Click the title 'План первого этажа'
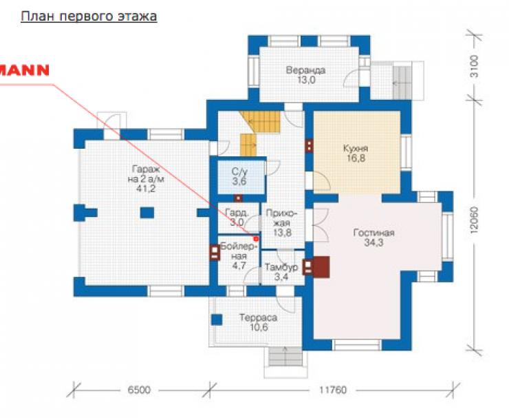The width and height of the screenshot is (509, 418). tap(89, 17)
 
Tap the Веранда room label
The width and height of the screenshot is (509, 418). tap(305, 75)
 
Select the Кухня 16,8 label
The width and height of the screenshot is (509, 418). tap(356, 154)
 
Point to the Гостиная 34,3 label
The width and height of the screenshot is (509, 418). tap(373, 238)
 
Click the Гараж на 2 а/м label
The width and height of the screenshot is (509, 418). tap(146, 179)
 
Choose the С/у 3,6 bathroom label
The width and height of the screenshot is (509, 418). tap(239, 176)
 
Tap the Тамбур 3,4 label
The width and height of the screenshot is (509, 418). tap(281, 273)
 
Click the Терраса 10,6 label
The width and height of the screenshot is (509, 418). tap(259, 322)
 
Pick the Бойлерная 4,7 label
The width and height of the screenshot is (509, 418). tap(239, 256)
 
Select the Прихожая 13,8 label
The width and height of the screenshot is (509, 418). tap(282, 223)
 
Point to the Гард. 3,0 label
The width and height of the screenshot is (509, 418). tap(237, 218)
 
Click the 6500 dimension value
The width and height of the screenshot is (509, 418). tap(139, 390)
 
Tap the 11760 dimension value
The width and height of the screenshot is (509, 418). tap(333, 390)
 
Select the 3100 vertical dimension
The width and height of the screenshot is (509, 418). tap(475, 66)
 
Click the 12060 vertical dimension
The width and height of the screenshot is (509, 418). tap(475, 220)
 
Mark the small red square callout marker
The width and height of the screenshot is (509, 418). tap(256, 239)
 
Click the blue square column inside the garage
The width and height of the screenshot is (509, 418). tap(147, 213)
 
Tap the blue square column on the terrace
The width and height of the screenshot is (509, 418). tap(217, 320)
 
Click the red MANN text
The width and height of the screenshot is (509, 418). tap(23, 70)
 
